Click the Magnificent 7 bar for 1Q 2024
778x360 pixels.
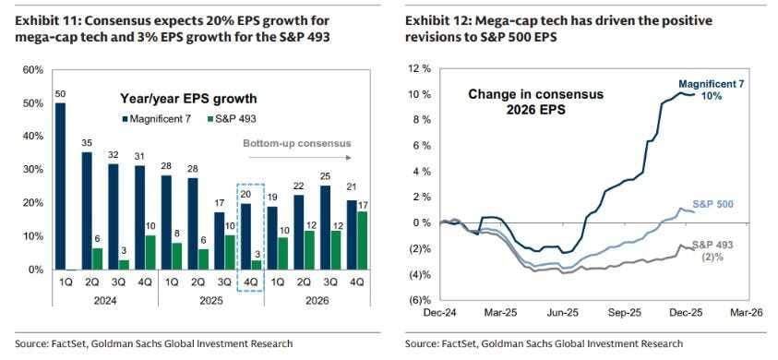(x=60, y=186)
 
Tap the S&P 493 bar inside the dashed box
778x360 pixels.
(x=257, y=265)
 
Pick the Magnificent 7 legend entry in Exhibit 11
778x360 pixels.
(x=155, y=119)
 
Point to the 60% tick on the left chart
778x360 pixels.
(x=32, y=69)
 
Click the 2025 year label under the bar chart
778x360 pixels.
(x=210, y=301)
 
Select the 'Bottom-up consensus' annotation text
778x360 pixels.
(x=297, y=143)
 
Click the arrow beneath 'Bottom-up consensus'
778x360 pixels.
(x=300, y=158)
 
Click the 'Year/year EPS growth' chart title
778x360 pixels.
(x=188, y=99)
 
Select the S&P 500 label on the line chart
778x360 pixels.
(x=713, y=204)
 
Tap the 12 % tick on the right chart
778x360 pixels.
(x=419, y=68)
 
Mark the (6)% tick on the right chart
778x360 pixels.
(x=420, y=300)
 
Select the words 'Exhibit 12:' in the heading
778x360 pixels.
(x=431, y=21)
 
